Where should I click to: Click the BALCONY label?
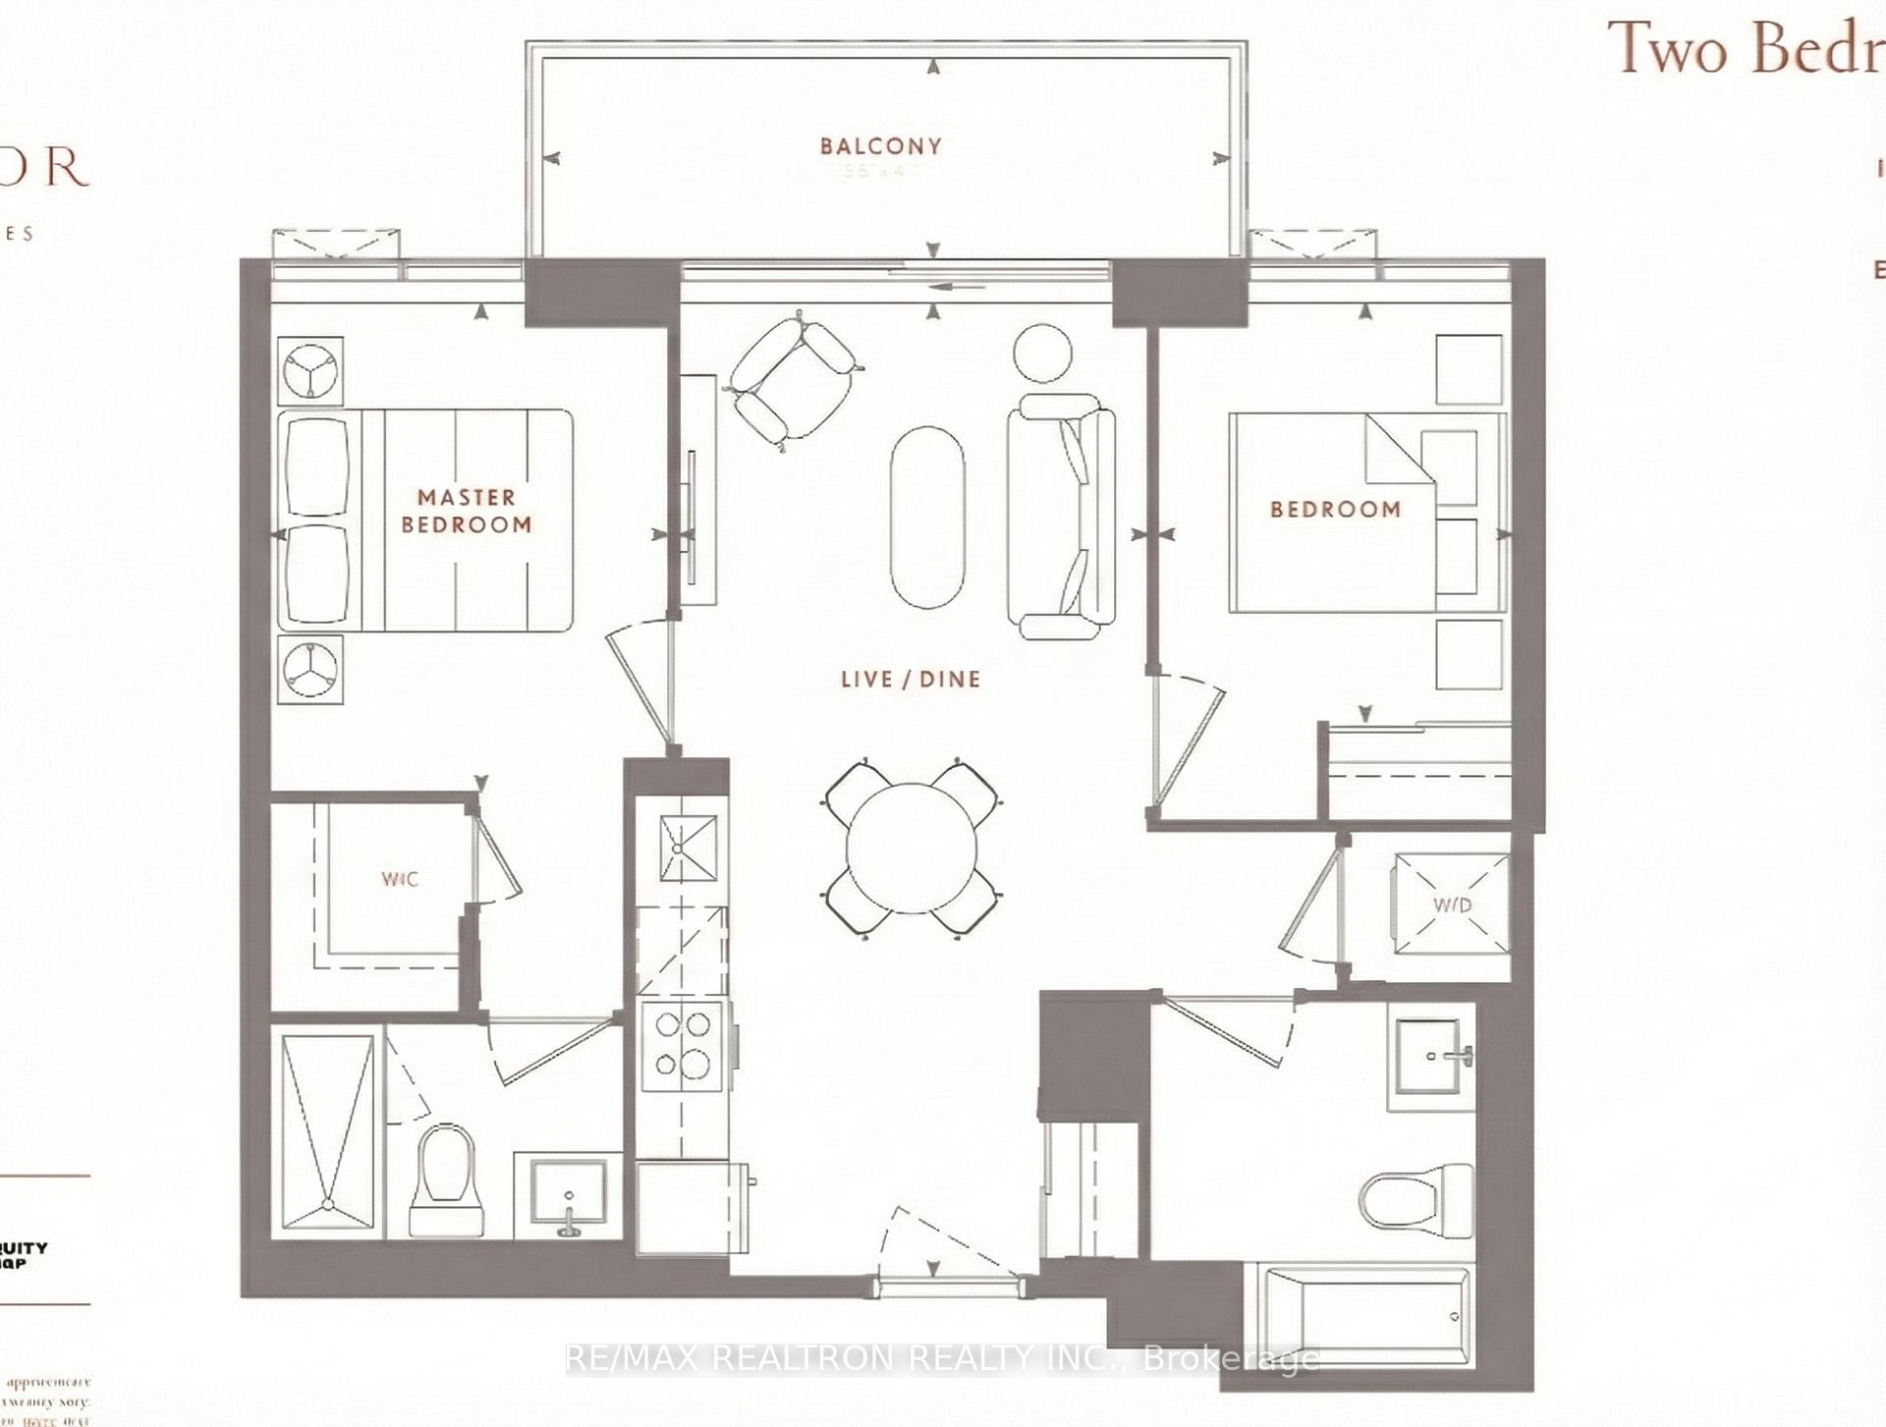click(880, 146)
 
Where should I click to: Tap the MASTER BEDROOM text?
click(466, 511)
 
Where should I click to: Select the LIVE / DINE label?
click(910, 679)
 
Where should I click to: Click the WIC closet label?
click(400, 879)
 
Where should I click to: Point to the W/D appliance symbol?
click(1452, 904)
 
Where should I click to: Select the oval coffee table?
click(926, 517)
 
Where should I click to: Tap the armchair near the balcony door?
click(794, 378)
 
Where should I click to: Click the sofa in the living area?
click(1061, 515)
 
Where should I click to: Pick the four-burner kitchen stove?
click(684, 1045)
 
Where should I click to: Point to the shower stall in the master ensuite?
click(328, 1130)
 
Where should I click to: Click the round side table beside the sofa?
click(1042, 352)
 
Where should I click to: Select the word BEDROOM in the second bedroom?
click(1335, 509)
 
